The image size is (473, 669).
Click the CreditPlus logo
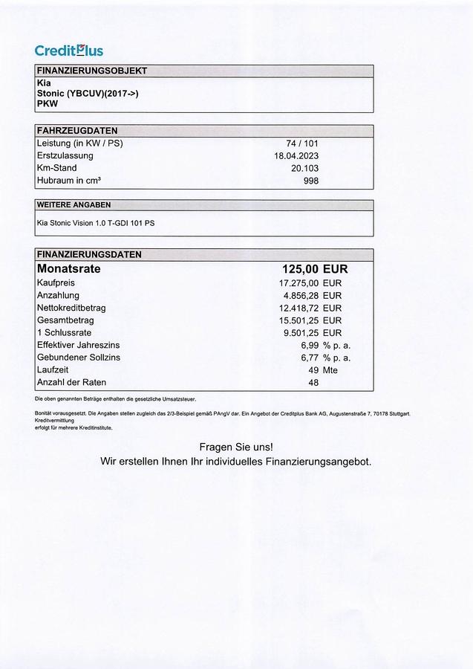click(68, 51)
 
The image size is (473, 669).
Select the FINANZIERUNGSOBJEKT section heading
click(91, 71)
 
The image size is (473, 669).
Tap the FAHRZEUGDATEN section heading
click(76, 131)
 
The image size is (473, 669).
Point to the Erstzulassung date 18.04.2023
click(296, 155)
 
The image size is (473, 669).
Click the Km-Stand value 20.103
click(305, 168)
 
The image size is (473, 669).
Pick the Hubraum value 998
click(310, 181)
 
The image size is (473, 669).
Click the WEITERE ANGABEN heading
click(74, 204)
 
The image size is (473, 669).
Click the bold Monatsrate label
click(68, 269)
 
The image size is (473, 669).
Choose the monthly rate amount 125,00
click(301, 269)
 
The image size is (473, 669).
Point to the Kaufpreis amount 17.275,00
click(299, 283)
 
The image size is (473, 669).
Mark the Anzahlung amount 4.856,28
click(301, 295)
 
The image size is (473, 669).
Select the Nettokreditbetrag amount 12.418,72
click(299, 308)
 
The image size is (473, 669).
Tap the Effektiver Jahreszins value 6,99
click(310, 346)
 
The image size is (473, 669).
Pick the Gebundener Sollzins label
click(78, 358)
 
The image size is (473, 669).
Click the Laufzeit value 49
click(313, 370)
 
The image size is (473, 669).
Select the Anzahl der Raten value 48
click(313, 383)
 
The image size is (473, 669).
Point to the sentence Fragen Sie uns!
click(236, 447)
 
